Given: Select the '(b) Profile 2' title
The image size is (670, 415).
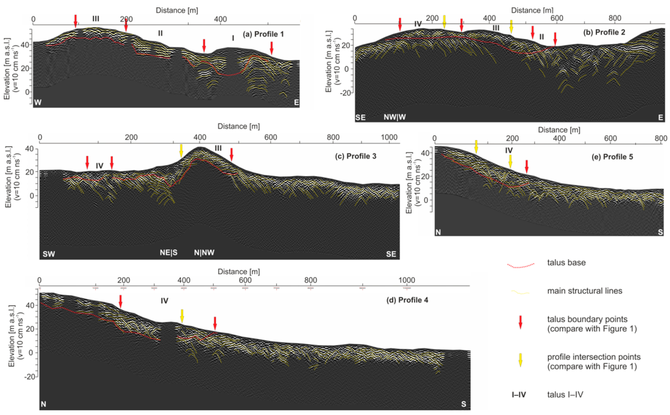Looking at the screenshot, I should (604, 32).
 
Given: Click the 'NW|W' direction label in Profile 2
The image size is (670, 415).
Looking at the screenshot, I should (395, 117).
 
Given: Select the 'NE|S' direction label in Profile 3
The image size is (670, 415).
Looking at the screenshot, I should (169, 253).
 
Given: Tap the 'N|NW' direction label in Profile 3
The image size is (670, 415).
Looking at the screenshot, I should (204, 253).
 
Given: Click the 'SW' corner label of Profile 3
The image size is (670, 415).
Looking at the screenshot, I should (49, 254).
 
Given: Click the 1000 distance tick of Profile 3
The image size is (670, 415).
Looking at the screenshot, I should (389, 137).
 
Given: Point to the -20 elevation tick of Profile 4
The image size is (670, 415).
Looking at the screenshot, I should (30, 376).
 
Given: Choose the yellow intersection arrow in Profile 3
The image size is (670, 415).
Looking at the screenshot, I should (181, 151).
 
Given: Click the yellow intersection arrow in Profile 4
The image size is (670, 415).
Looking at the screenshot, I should (182, 316).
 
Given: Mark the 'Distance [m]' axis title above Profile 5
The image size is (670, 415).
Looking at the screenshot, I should (559, 130).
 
